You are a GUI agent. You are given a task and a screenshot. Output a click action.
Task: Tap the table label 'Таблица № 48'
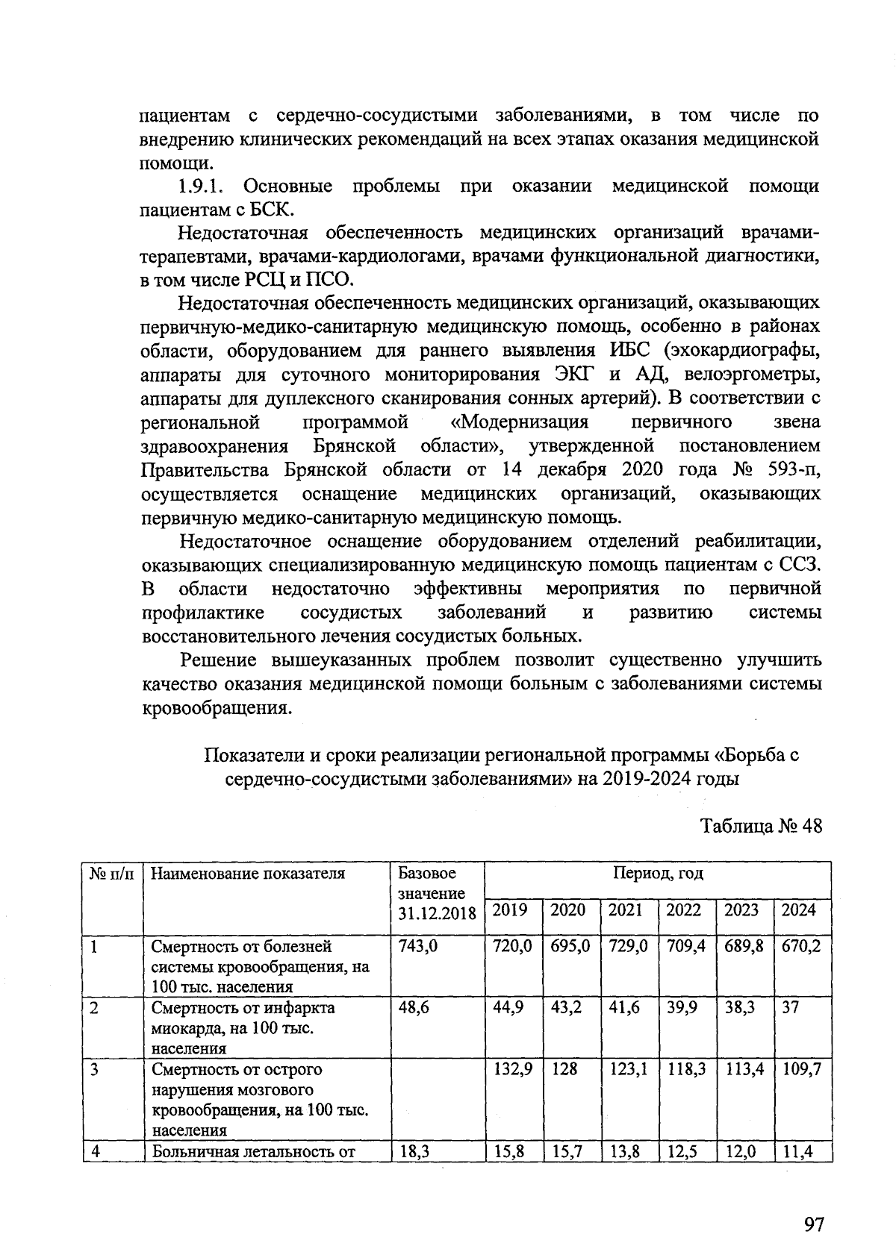762,827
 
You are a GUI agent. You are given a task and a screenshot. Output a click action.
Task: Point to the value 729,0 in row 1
628,947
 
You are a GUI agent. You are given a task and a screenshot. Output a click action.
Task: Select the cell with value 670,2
801,947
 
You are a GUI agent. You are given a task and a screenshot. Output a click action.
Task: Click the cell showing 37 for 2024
791,1008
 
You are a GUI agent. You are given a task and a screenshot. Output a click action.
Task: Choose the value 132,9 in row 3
513,1070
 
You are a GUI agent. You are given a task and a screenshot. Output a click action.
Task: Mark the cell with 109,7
801,1070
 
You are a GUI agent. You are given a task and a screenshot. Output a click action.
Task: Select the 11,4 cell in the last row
797,1152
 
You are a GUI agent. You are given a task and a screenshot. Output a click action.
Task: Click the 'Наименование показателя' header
248,874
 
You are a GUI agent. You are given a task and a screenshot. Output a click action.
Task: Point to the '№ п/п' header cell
112,874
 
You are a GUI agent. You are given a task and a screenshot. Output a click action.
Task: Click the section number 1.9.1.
201,186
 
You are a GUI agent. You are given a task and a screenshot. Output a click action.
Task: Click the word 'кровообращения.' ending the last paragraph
216,707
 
